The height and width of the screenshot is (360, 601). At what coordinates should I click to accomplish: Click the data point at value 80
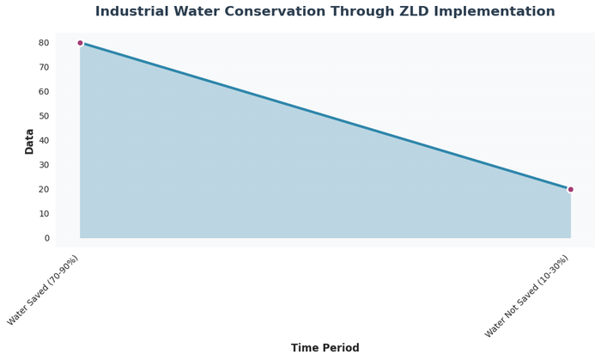(80, 43)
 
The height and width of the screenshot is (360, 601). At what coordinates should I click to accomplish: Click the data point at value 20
(570, 189)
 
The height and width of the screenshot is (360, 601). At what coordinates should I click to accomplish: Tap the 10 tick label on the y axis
(44, 214)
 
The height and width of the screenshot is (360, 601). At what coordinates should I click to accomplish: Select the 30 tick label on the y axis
(44, 165)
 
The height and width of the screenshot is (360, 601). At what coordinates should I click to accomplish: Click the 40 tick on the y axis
(44, 141)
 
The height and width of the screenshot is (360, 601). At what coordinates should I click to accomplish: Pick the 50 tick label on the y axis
(44, 116)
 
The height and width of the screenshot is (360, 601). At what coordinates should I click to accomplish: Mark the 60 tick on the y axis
(44, 92)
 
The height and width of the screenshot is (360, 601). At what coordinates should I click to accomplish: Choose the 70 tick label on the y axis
(44, 67)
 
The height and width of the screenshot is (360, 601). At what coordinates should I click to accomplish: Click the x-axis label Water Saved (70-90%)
(45, 290)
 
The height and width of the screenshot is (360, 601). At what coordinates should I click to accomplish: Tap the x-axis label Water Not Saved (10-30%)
(528, 296)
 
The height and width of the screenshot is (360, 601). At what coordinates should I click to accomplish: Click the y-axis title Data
(30, 141)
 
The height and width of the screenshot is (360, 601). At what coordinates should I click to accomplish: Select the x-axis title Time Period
(325, 348)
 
